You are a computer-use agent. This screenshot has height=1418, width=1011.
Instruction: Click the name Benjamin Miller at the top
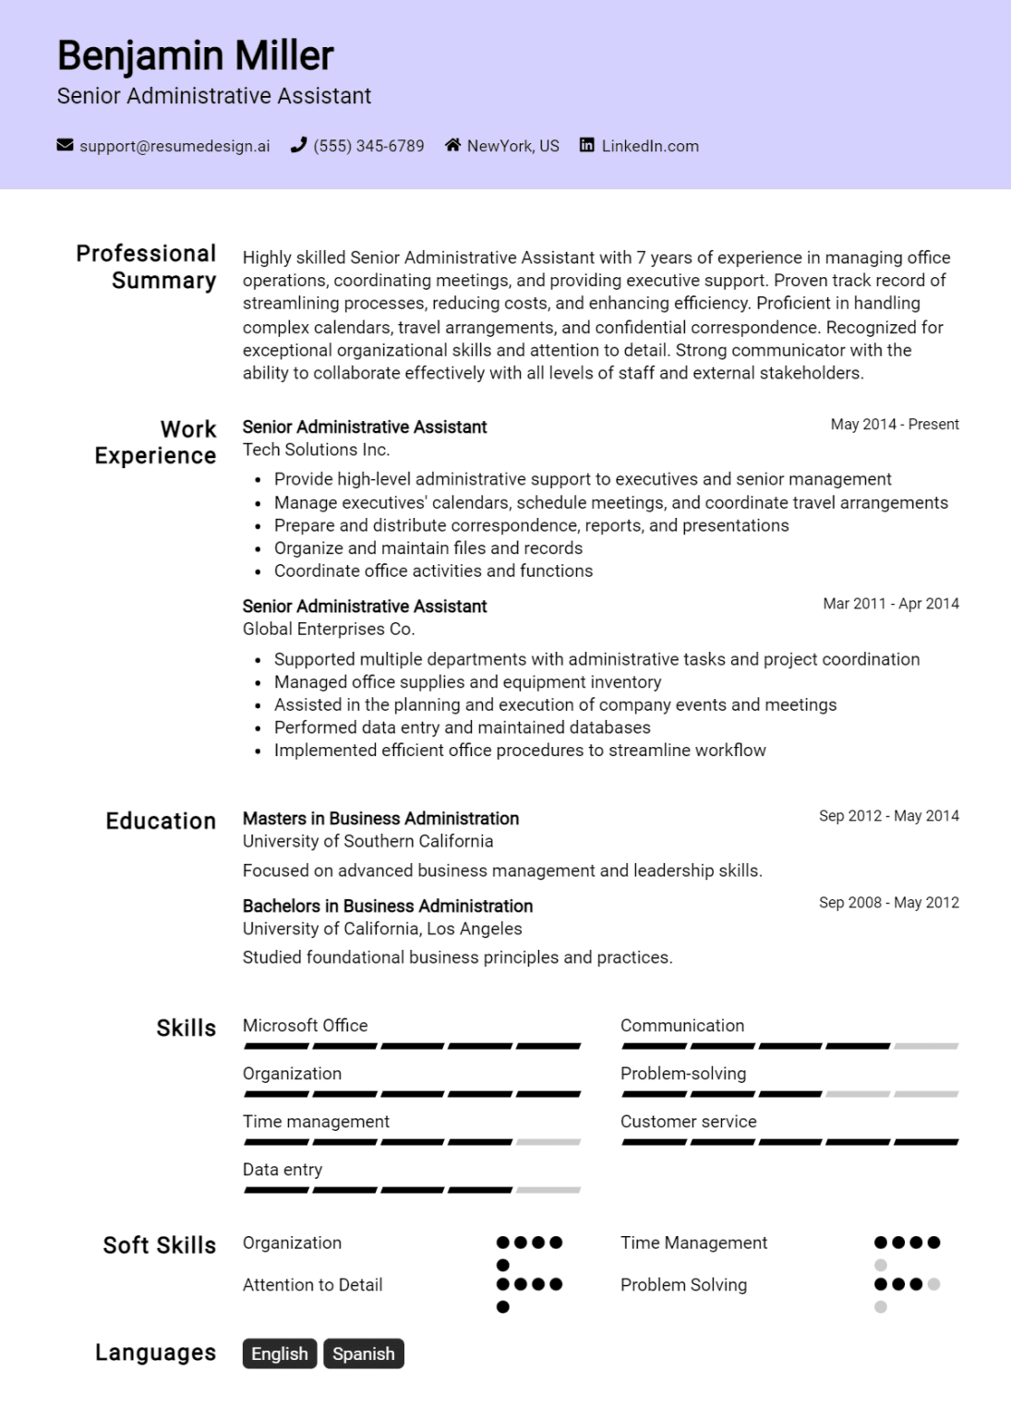tap(195, 56)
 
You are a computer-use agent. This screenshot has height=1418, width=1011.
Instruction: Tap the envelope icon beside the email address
tap(65, 145)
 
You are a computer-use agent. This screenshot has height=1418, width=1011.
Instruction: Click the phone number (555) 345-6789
tap(368, 146)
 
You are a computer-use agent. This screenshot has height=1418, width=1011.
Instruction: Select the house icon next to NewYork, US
tap(452, 145)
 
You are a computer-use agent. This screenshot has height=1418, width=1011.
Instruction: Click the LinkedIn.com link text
tap(650, 146)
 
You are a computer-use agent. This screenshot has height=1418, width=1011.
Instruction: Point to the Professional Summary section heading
tap(146, 267)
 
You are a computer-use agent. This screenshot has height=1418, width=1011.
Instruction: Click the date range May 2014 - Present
tap(894, 425)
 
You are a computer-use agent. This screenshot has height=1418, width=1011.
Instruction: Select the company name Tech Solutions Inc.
tap(316, 450)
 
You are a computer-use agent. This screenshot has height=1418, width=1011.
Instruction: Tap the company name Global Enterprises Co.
tap(328, 629)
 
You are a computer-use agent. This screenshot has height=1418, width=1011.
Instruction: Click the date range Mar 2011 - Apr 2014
tap(890, 604)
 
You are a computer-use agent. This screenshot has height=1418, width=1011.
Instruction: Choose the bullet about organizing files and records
tap(427, 548)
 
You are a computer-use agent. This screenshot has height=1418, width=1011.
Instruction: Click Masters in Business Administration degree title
tap(380, 819)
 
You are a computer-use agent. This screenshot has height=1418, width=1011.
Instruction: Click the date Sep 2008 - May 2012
tap(888, 903)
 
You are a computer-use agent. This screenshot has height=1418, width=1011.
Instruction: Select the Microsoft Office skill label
tap(305, 1026)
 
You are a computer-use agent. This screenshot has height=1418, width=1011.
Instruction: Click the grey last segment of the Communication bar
tap(926, 1046)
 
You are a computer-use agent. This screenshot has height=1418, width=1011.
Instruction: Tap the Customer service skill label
tap(688, 1122)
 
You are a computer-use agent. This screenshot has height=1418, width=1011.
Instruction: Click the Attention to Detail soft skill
tap(312, 1285)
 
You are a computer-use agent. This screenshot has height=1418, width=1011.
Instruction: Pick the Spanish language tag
tap(363, 1353)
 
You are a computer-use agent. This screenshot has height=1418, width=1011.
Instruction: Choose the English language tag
tap(280, 1353)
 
